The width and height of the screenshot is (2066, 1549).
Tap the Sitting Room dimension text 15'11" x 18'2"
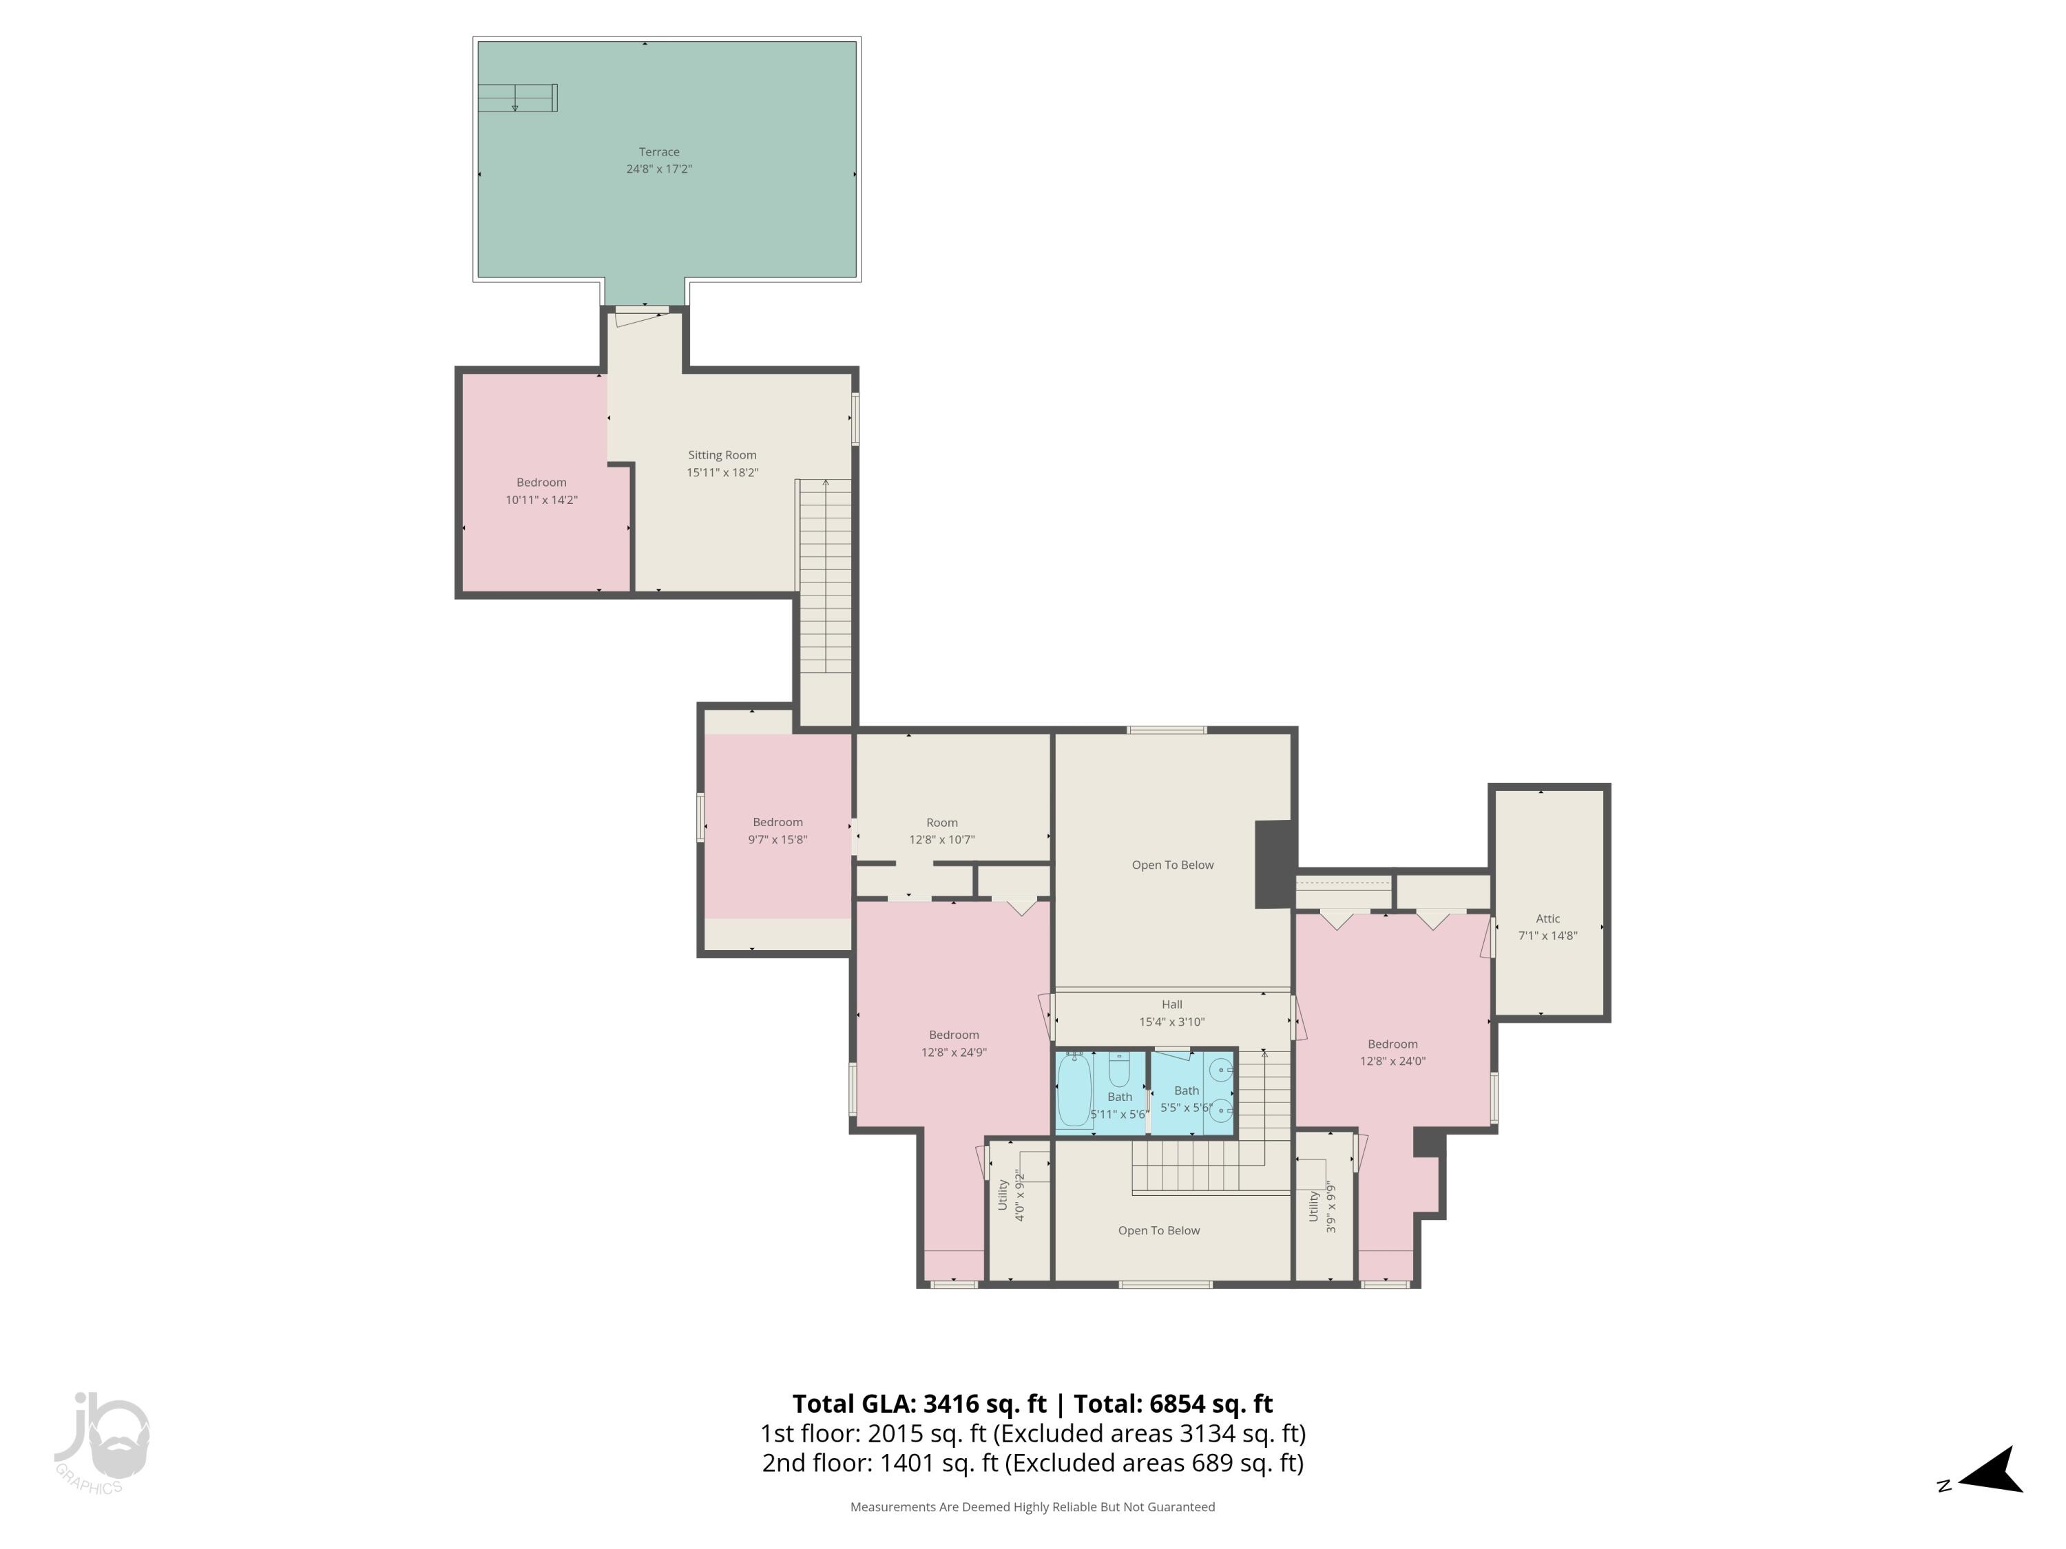pos(722,472)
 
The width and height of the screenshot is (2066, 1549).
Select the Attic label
pos(1547,919)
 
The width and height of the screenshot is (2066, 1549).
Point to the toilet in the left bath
pos(1119,1068)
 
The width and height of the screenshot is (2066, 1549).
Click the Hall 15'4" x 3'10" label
pos(1171,1013)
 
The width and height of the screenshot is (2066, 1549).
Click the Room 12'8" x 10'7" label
pos(941,831)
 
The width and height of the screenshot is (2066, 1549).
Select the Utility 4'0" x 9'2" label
pos(1010,1196)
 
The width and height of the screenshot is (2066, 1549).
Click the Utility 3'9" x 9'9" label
pos(1322,1206)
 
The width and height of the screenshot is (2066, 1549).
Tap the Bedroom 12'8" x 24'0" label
pos(1392,1052)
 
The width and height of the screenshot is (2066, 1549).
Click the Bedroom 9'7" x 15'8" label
pos(777,831)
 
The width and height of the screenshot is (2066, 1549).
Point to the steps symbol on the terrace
pos(517,97)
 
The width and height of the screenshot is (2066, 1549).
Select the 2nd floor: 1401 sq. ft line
pos(1032,1463)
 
